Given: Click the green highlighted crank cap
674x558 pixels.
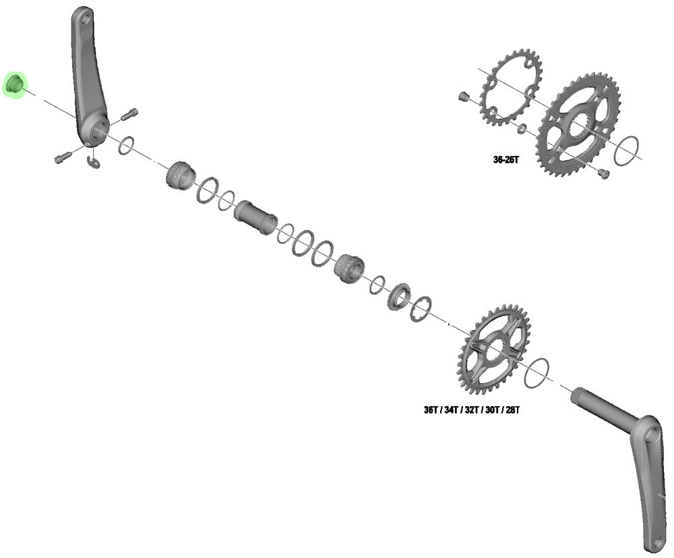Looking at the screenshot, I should click(15, 85).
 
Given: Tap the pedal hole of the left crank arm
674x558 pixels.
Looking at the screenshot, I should click(83, 21).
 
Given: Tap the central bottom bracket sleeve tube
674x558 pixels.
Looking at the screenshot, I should click(255, 217).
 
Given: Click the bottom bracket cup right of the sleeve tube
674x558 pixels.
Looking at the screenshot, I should click(348, 268).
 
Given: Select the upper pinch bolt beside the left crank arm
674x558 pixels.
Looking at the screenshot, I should click(130, 114).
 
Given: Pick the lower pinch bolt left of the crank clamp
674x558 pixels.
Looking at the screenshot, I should click(61, 158).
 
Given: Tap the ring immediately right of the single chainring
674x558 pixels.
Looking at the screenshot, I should click(537, 372).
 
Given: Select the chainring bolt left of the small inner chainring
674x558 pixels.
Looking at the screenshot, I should click(462, 97).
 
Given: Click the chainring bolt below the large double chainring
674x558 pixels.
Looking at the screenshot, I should click(603, 173).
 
